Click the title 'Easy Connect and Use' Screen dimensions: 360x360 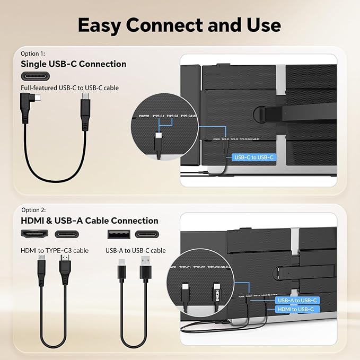[x=180, y=24]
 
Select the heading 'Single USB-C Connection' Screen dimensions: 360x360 [x=74, y=64]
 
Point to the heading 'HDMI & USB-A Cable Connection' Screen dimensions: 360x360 [x=90, y=221]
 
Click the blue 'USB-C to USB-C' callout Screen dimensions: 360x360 [x=253, y=157]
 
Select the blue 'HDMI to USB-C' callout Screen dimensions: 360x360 [x=296, y=309]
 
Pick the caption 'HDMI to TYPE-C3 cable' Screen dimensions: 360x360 [x=55, y=250]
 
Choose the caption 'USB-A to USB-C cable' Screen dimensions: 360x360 [x=135, y=250]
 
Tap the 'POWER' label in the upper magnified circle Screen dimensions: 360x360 [x=144, y=115]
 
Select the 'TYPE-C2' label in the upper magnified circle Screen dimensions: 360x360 [x=172, y=115]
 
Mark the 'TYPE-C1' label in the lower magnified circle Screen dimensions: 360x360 [x=185, y=267]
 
